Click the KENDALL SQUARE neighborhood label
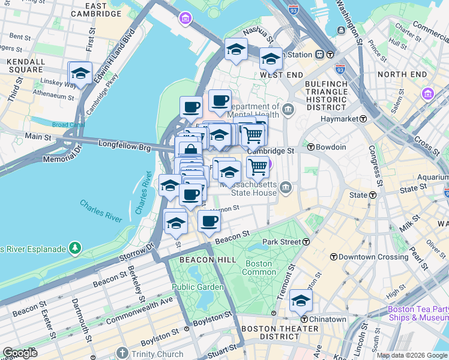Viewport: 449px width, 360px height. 25,66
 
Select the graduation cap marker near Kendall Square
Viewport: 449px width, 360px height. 80,74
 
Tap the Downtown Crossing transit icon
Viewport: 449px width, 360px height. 333,256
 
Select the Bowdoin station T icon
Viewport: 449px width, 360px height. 311,147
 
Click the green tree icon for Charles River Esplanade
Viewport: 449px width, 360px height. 74,247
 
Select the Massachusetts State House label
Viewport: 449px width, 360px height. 248,189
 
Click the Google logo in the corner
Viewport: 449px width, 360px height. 20,353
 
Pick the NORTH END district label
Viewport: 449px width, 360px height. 402,74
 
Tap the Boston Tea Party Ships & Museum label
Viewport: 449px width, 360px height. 418,313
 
